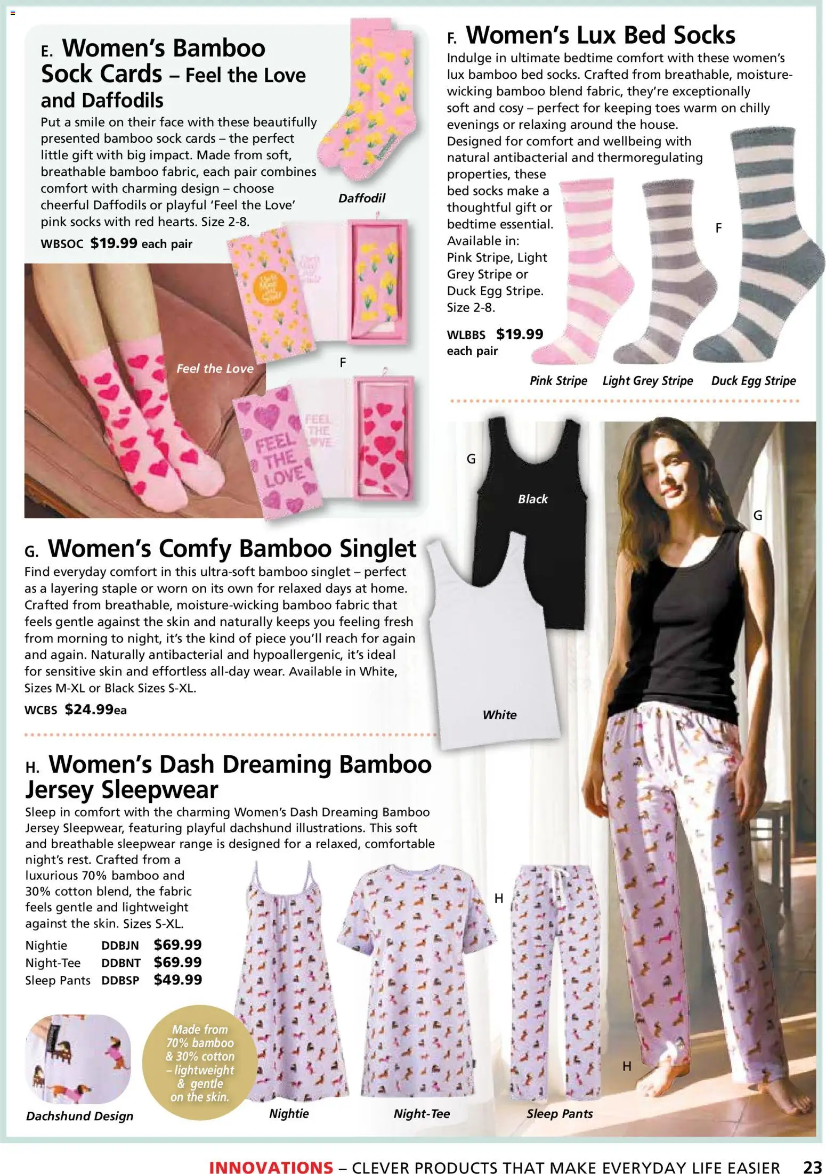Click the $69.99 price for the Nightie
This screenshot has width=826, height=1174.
pos(177,944)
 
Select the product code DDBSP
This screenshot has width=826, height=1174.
pos(120,981)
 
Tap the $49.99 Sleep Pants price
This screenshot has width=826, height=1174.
pos(177,980)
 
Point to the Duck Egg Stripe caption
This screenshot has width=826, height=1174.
pos(753,381)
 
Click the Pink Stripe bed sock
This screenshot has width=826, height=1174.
pos(586,272)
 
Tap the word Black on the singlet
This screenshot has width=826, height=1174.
pos(532,499)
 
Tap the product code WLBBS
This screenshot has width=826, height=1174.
pos(466,335)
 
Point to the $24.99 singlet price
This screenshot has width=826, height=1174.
pos(88,710)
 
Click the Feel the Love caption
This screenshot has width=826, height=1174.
pos(215,369)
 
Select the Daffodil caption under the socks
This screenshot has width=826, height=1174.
pos(361,198)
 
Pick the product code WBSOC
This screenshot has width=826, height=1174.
pos(62,244)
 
